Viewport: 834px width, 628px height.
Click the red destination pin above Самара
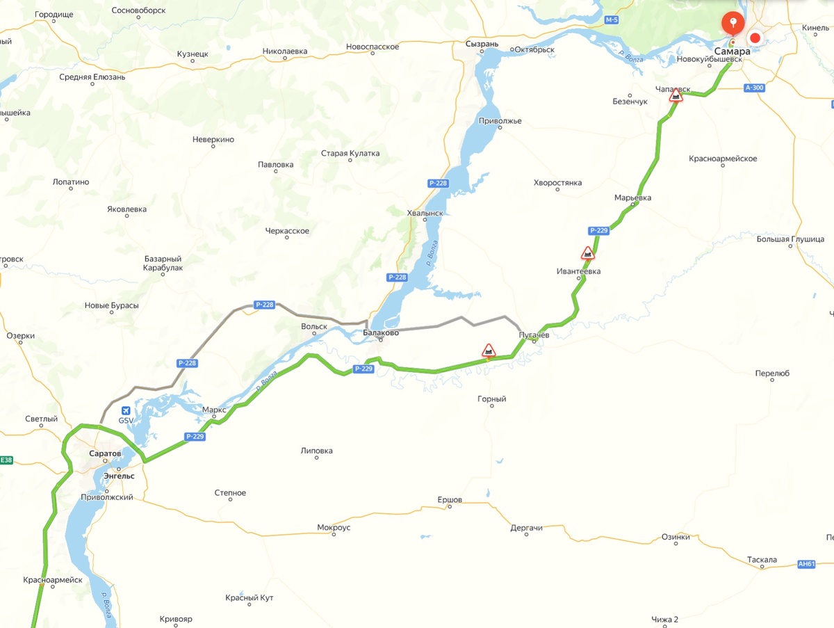pos(732,23)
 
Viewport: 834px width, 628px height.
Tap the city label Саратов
pos(105,453)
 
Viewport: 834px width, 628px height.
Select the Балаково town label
pos(381,334)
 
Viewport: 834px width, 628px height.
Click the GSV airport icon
pos(126,410)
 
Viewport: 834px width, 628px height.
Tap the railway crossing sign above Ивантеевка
pos(588,253)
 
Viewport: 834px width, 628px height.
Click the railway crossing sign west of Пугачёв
pos(489,350)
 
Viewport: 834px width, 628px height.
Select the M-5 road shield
pos(611,20)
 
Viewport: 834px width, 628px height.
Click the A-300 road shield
pos(753,88)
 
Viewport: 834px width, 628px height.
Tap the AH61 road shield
pos(806,564)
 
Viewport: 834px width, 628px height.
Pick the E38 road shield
pos(6,460)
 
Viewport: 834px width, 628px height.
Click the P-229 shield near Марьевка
pos(598,230)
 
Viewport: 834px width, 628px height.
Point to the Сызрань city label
pos(482,44)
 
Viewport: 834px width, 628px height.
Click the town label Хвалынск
pos(425,214)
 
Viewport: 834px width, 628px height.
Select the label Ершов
pos(450,500)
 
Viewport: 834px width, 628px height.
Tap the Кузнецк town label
pos(193,54)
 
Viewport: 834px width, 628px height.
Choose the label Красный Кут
pos(250,598)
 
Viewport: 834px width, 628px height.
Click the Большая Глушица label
pos(790,239)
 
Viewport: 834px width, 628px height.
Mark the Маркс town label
pos(214,410)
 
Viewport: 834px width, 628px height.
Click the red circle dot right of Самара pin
pos(755,38)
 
